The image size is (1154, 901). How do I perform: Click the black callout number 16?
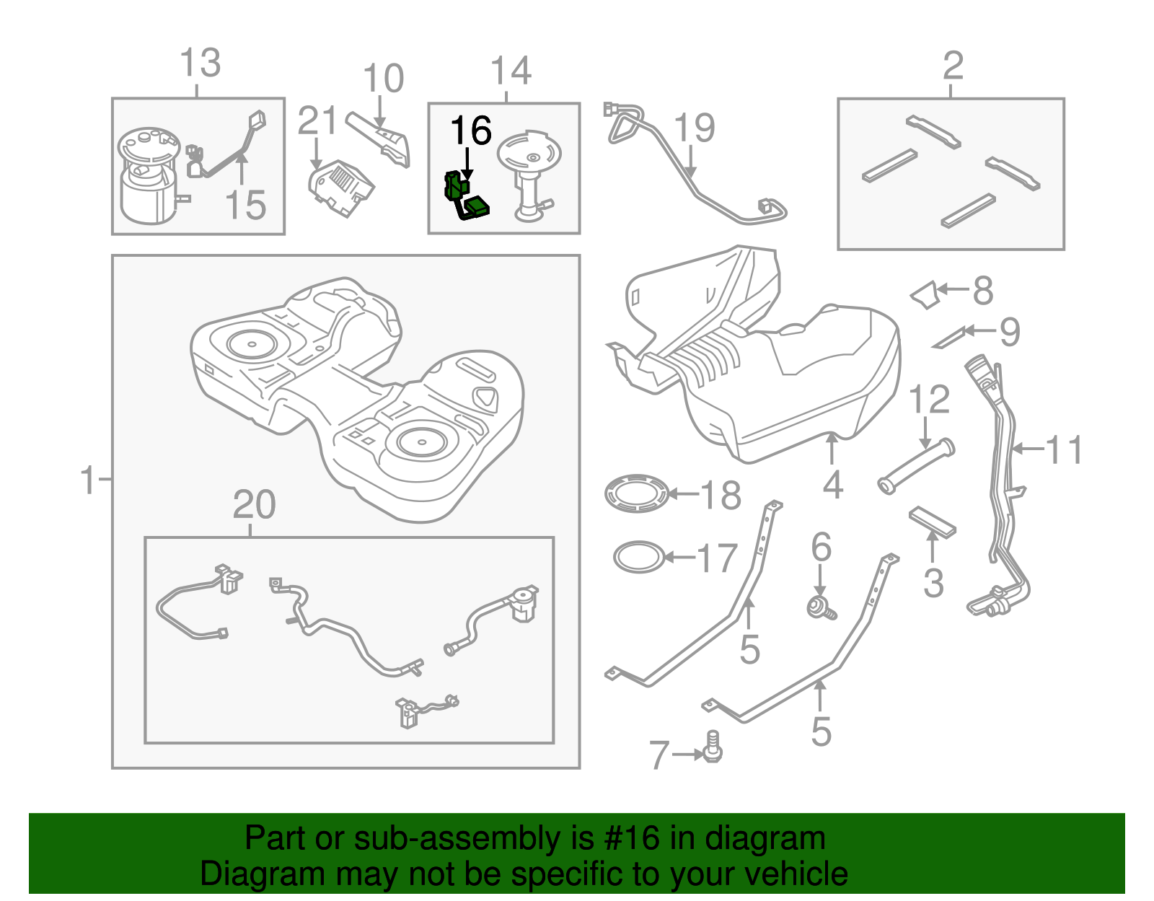(x=470, y=131)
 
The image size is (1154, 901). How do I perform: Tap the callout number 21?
(x=317, y=120)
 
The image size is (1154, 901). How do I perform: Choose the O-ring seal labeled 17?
(x=638, y=557)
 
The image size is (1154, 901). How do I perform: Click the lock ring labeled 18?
(x=637, y=493)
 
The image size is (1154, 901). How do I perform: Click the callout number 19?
(x=694, y=128)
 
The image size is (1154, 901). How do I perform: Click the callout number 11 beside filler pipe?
(x=1064, y=449)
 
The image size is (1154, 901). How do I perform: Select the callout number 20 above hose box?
(x=254, y=504)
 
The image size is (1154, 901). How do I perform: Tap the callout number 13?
(x=200, y=63)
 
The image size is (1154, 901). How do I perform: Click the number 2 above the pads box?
(x=953, y=66)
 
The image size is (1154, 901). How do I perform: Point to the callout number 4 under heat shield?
(x=832, y=485)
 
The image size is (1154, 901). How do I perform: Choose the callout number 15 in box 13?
(x=245, y=205)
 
